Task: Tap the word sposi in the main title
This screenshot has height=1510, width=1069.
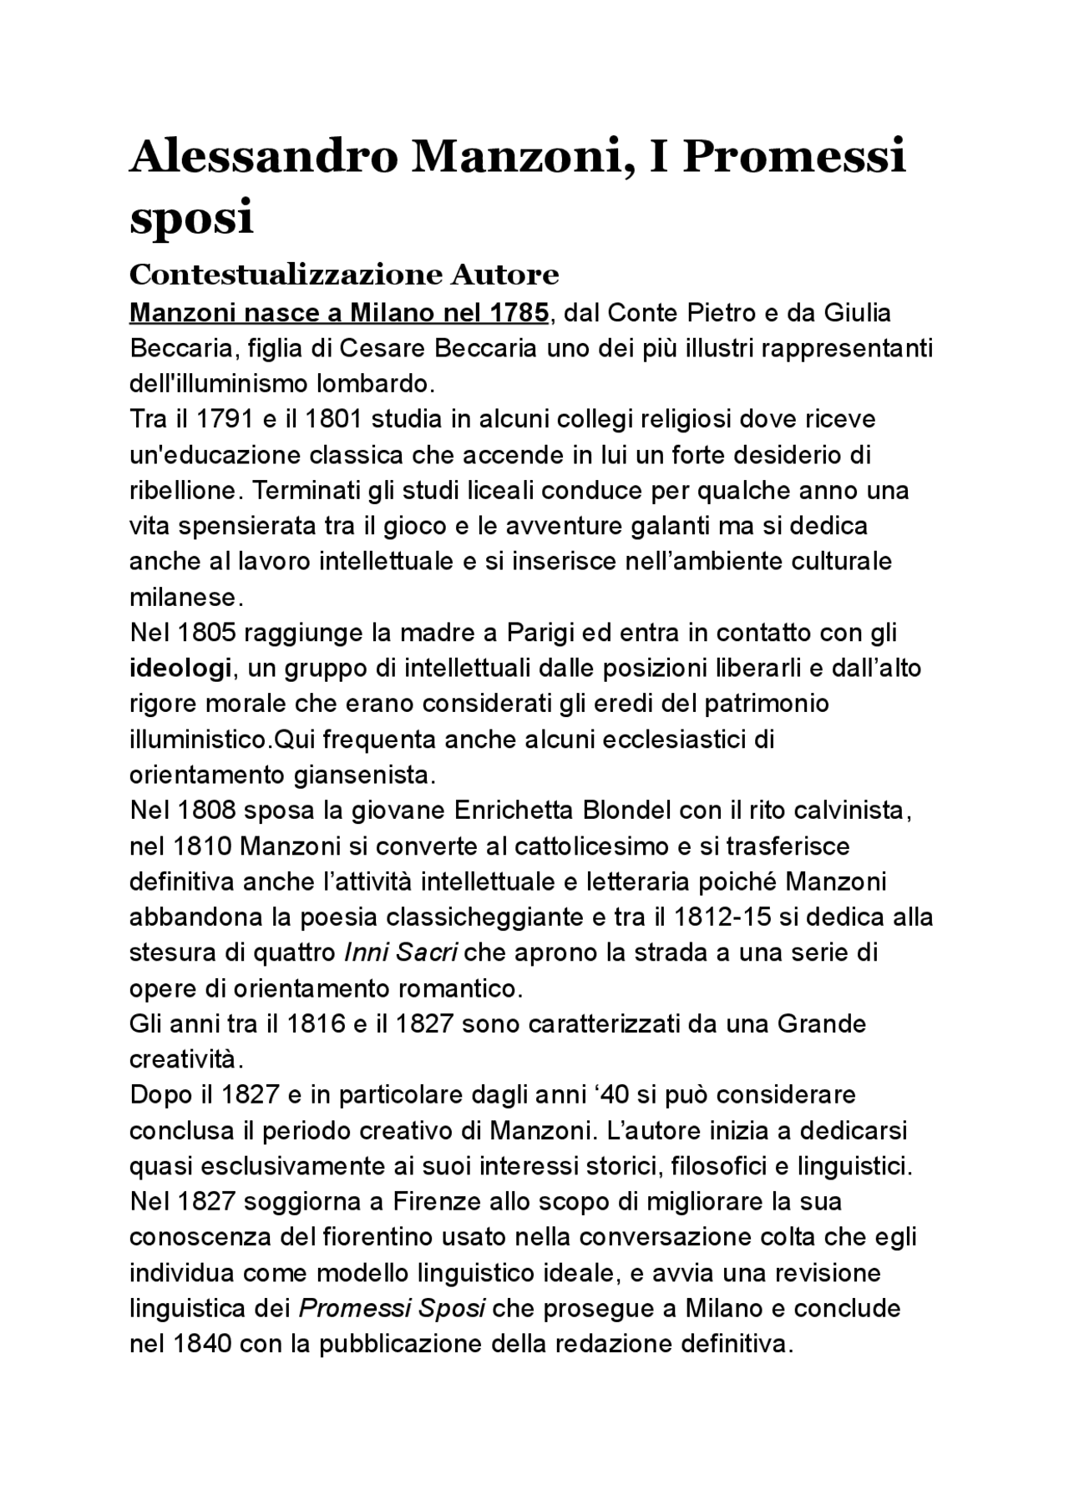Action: [x=191, y=217]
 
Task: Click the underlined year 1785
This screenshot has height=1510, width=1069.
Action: [x=519, y=313]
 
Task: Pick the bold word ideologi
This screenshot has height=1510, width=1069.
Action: [x=180, y=669]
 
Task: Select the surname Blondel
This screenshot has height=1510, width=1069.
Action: [x=628, y=811]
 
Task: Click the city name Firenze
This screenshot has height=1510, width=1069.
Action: [x=437, y=1202]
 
